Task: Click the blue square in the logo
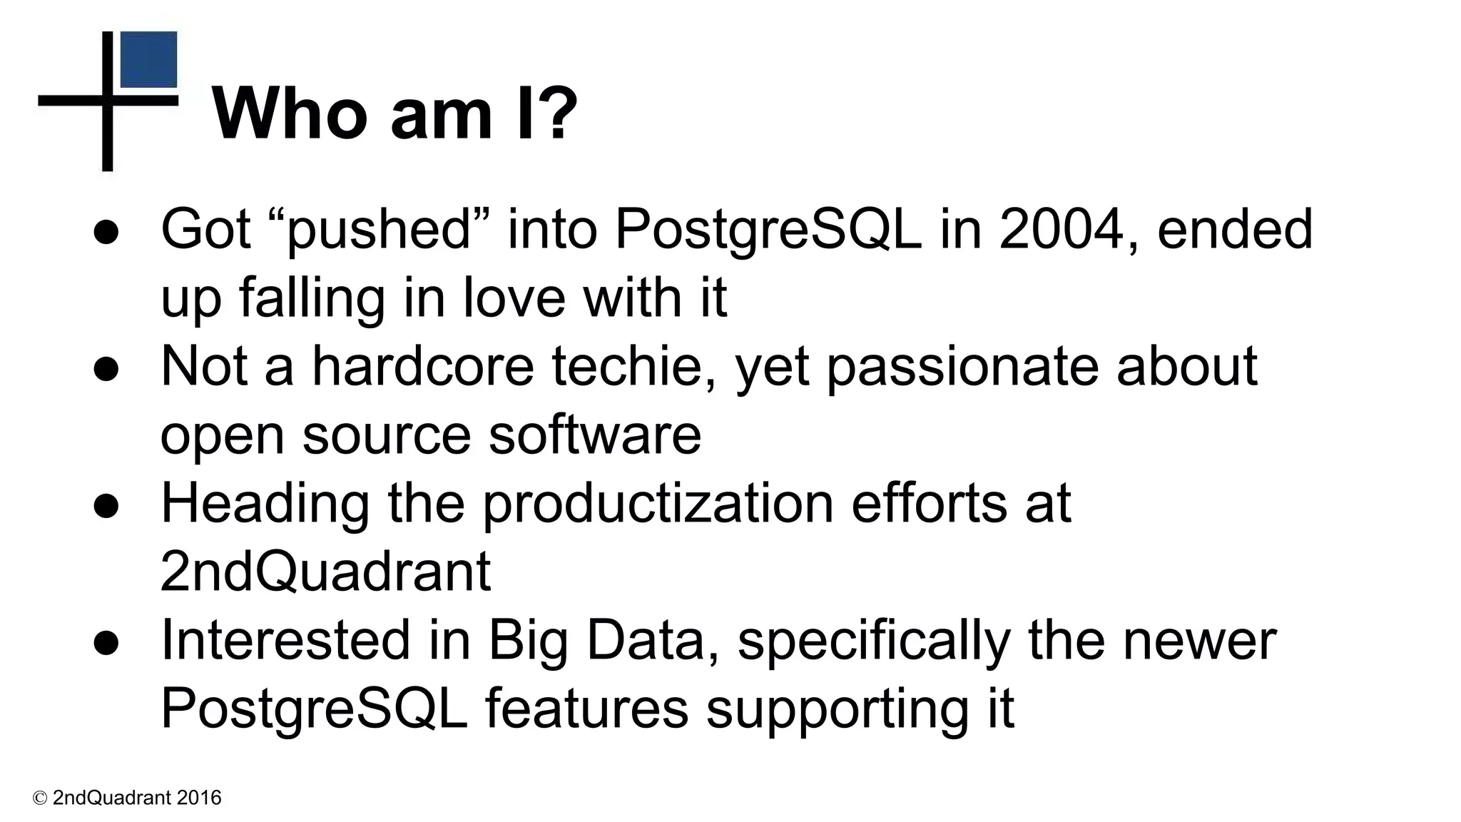point(148,59)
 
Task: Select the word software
point(595,435)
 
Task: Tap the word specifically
point(873,641)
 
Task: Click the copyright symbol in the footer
point(40,798)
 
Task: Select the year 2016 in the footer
point(199,798)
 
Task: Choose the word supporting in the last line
point(828,710)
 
